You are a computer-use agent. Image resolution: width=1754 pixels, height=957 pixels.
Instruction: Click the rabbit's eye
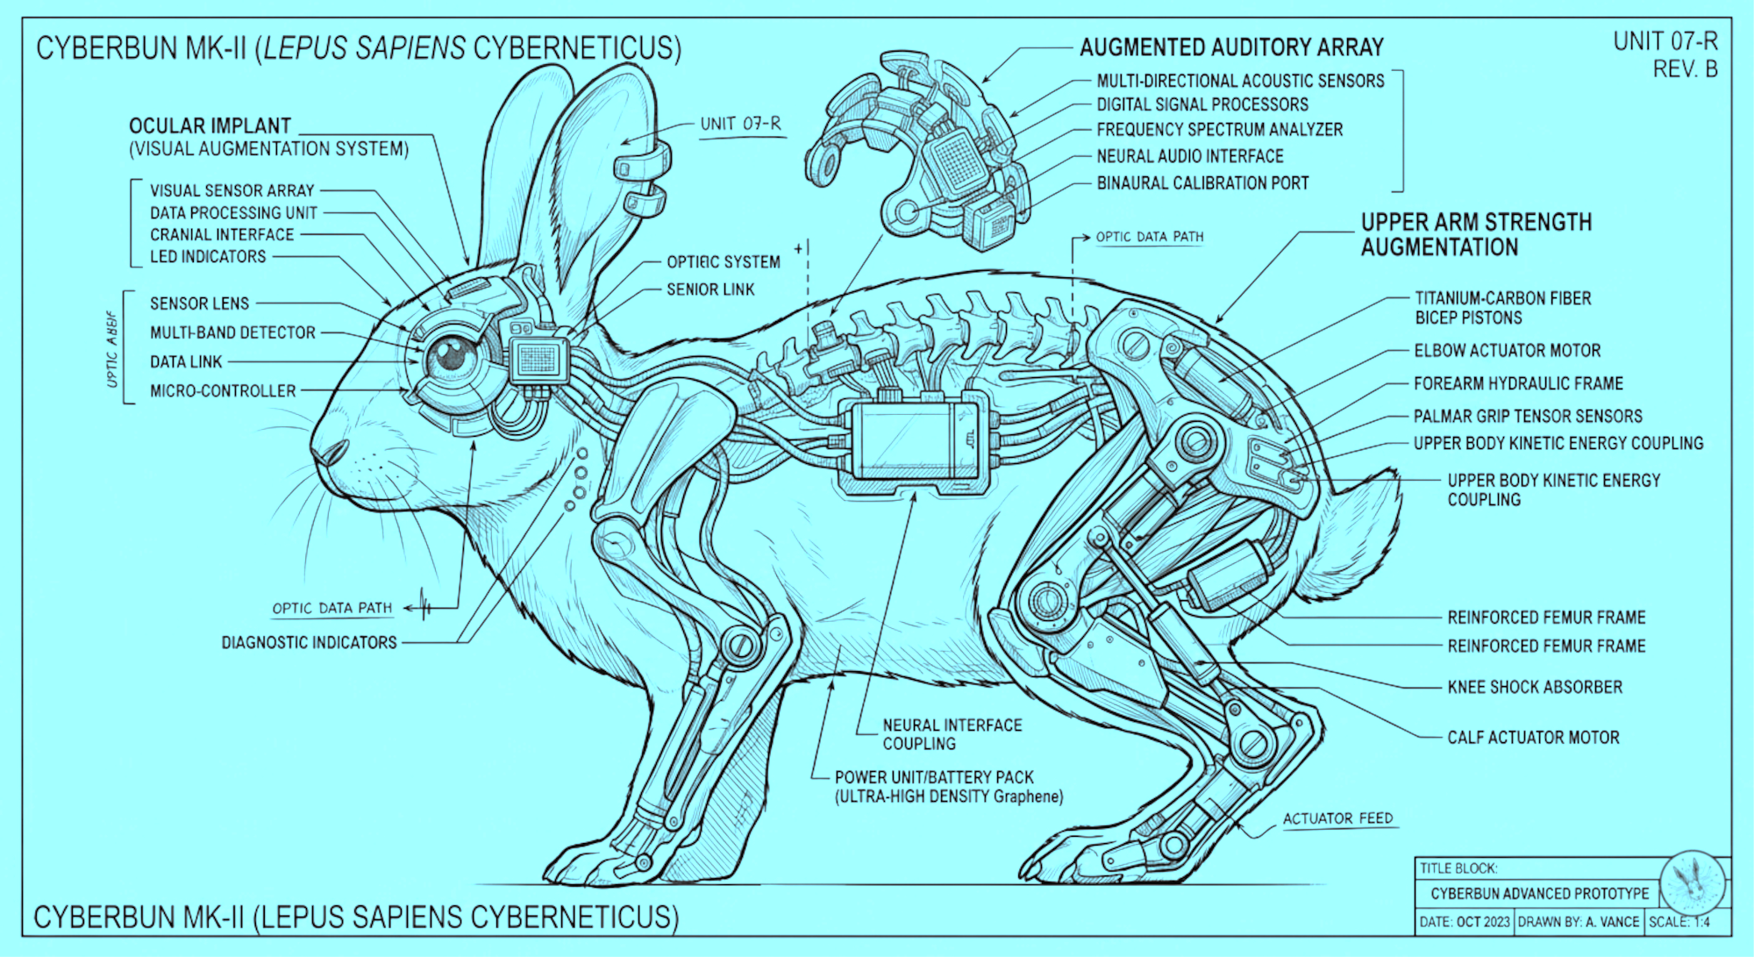point(453,354)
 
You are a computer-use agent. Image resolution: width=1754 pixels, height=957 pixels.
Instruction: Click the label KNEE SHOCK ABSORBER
point(1535,687)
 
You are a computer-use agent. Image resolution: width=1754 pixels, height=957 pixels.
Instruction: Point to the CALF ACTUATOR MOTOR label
point(1533,738)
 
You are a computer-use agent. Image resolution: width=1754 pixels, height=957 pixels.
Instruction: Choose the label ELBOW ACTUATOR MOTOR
point(1507,351)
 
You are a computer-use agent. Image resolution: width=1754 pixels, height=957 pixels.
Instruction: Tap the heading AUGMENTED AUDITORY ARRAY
point(1231,47)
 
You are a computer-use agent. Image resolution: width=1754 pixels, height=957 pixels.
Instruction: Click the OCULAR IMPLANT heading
point(210,125)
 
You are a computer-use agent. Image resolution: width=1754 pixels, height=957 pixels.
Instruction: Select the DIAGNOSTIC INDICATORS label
point(309,643)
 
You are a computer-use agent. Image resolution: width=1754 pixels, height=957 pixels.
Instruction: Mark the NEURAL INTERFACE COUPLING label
point(952,734)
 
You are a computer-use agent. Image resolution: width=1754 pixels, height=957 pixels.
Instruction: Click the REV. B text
point(1685,69)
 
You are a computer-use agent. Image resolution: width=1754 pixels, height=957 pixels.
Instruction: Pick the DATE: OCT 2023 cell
point(1464,922)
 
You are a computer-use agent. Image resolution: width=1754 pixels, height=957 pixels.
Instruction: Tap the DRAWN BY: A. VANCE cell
point(1578,922)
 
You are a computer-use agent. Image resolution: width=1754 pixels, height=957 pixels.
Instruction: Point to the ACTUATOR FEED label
point(1337,818)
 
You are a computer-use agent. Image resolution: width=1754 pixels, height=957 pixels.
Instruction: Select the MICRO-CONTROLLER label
point(223,391)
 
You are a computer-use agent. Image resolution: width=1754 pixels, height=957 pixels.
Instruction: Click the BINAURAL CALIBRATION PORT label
point(1202,183)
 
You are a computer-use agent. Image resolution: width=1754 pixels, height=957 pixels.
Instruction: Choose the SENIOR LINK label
point(710,289)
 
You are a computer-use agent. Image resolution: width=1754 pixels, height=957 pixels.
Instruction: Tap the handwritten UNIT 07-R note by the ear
point(740,124)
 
